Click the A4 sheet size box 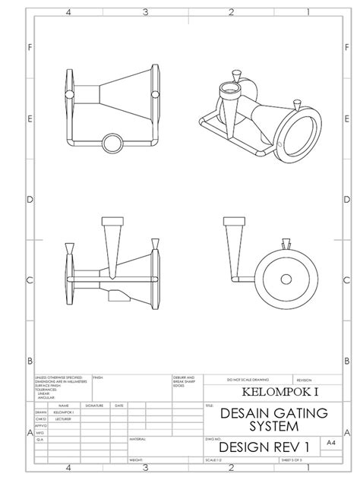[x=330, y=442]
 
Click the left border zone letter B [x=30, y=361]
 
